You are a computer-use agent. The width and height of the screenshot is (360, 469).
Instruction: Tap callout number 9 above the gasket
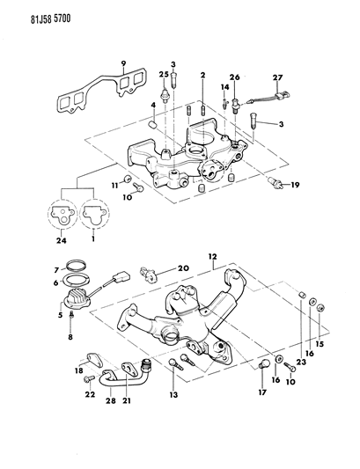coord(124,62)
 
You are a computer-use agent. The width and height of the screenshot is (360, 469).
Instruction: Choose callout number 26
coord(235,77)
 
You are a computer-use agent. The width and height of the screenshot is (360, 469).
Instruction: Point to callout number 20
coord(184,268)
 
